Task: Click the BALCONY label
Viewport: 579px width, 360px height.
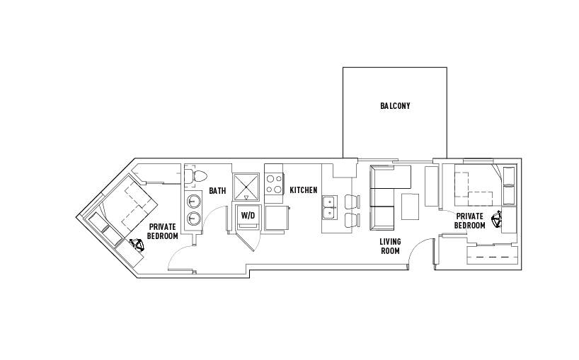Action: tap(395, 106)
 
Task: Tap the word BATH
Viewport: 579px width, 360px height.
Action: tap(217, 191)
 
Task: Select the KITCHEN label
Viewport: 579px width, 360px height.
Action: tap(304, 190)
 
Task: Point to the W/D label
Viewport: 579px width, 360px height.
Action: tap(248, 216)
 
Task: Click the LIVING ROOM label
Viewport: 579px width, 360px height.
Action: tap(390, 246)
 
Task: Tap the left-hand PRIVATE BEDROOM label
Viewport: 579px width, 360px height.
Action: tap(163, 231)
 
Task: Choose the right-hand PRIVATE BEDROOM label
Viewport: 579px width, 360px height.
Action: tap(470, 221)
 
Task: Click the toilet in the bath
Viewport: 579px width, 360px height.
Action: tap(195, 175)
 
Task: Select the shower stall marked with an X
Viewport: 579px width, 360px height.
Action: tap(246, 187)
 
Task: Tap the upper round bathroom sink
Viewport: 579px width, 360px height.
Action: tap(193, 202)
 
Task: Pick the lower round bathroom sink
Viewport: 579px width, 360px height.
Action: tap(193, 219)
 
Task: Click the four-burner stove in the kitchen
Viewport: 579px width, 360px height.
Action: tap(274, 184)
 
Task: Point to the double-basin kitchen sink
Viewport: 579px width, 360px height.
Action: tap(329, 207)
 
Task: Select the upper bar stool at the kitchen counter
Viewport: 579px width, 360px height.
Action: tap(352, 202)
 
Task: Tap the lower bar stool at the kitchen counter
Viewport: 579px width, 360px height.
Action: tap(352, 220)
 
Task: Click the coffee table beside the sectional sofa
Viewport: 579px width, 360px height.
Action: tap(411, 207)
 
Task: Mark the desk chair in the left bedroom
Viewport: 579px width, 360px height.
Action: tap(137, 245)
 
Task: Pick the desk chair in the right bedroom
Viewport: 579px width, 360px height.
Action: tap(497, 219)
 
